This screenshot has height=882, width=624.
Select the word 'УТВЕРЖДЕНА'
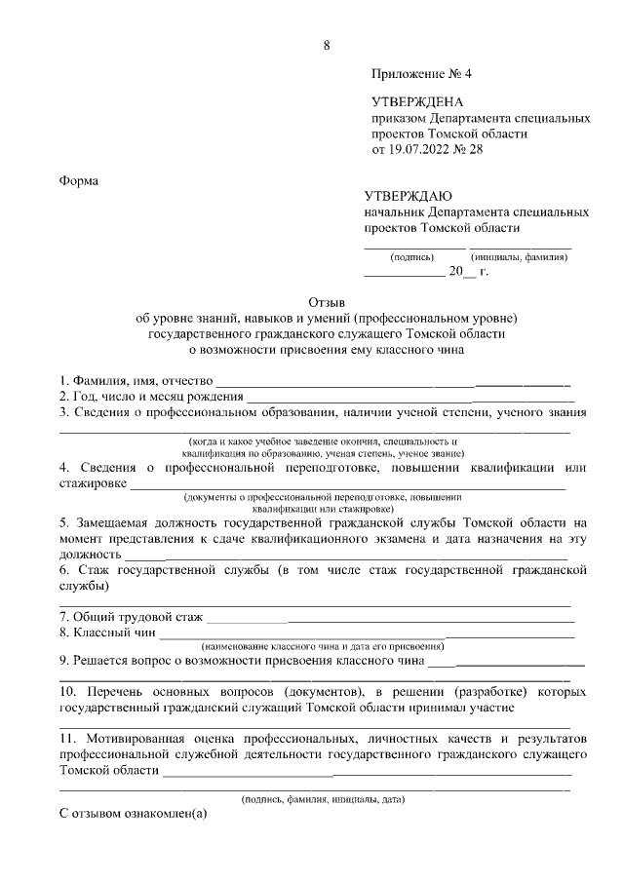[417, 102]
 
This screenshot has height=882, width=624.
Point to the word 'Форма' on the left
[79, 181]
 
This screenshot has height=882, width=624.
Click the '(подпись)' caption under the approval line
[411, 257]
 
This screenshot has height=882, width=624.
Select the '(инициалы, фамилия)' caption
[519, 257]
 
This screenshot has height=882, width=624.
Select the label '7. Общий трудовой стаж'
[131, 617]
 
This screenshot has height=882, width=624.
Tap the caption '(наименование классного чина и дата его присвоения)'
[322, 646]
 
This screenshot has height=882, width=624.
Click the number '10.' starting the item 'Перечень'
[70, 691]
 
